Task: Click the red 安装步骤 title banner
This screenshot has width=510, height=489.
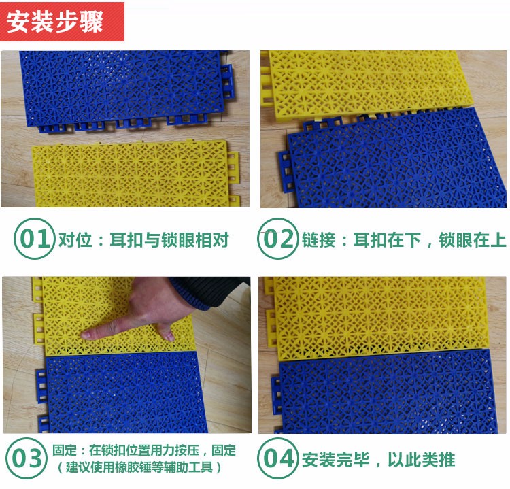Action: pos(62,22)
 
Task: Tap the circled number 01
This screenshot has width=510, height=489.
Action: pos(34,239)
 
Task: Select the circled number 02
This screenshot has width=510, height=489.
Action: pos(277,239)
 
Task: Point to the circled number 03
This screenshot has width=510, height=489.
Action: pos(27,458)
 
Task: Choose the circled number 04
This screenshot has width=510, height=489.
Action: pos(277,458)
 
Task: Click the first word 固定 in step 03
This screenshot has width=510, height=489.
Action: pos(65,450)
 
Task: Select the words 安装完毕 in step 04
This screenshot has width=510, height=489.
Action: pos(335,460)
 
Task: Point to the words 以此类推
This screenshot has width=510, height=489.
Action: pos(422,460)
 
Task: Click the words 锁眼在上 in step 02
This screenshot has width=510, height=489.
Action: pos(473,240)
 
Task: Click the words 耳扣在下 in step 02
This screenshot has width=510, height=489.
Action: pos(387,240)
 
